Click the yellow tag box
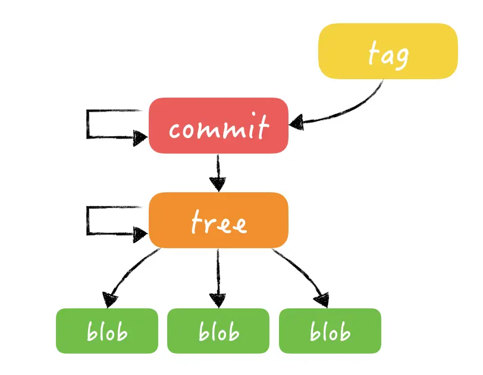pyautogui.click(x=388, y=51)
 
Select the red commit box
pyautogui.click(x=218, y=126)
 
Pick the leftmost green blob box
pyautogui.click(x=107, y=331)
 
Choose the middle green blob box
pyautogui.click(x=218, y=331)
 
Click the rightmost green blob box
pyautogui.click(x=330, y=331)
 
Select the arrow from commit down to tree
pyautogui.click(x=218, y=170)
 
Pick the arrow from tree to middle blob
pyautogui.click(x=218, y=274)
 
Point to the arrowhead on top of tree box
pyautogui.click(x=218, y=184)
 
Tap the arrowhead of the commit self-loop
pyautogui.click(x=140, y=138)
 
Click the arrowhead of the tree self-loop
pyautogui.click(x=140, y=233)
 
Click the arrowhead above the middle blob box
pyautogui.click(x=218, y=299)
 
